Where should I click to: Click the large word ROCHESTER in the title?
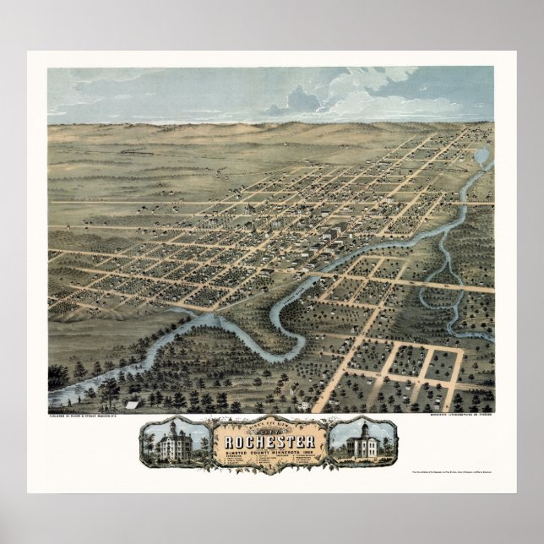(269, 443)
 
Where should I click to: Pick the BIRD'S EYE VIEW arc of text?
(269, 423)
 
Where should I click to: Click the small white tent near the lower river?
(130, 405)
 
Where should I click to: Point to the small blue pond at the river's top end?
(481, 156)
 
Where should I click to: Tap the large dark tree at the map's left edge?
(57, 375)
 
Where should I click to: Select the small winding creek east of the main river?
(439, 279)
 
